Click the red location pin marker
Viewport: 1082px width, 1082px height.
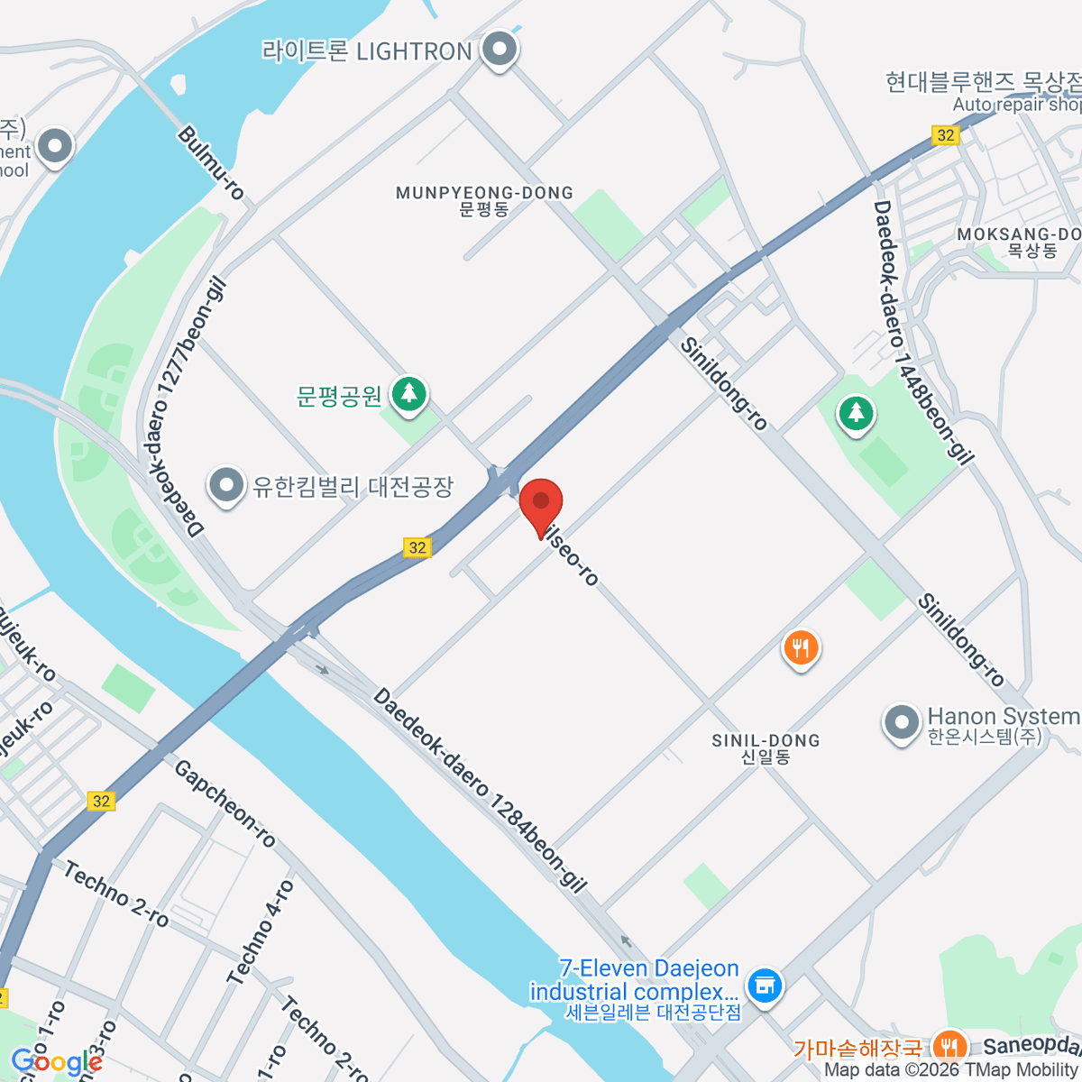click(x=541, y=503)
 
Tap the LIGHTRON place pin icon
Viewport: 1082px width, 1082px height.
click(x=498, y=50)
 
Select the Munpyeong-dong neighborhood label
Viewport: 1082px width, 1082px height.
click(x=484, y=200)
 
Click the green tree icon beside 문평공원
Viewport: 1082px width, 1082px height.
click(x=409, y=394)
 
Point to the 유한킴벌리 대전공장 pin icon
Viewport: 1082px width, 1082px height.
click(x=225, y=486)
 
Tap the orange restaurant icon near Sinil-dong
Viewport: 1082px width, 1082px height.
click(x=800, y=647)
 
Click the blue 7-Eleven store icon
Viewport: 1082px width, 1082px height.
click(x=765, y=984)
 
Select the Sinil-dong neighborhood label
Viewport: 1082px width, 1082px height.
click(x=766, y=748)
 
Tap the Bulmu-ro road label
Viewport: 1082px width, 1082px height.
click(x=211, y=162)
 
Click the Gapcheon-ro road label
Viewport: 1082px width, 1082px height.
click(x=225, y=803)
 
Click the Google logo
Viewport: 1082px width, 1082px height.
click(x=56, y=1062)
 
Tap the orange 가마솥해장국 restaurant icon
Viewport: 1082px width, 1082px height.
click(x=946, y=1046)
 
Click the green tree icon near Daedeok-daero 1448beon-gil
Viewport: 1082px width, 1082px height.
click(x=856, y=414)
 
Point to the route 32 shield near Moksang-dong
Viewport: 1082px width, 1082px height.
click(x=945, y=135)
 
